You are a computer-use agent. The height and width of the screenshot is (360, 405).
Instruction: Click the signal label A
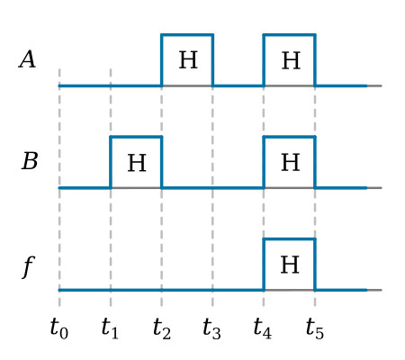click(28, 59)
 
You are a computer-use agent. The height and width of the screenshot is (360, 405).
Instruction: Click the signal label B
click(30, 161)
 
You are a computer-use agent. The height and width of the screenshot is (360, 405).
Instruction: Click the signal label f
click(29, 267)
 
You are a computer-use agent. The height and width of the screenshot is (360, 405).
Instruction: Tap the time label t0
click(59, 328)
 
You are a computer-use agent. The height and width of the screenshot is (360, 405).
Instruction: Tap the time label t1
click(110, 328)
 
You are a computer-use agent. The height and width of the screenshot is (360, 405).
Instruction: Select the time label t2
click(162, 328)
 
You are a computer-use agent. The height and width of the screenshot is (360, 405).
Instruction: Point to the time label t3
click(211, 328)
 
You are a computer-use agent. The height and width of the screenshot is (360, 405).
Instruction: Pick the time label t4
click(263, 328)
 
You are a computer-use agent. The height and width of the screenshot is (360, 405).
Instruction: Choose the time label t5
click(315, 328)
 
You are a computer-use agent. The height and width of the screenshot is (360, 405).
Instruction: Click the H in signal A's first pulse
click(188, 60)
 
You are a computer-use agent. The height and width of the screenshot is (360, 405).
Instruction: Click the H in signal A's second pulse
click(291, 60)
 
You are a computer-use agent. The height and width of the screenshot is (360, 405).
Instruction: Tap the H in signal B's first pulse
click(137, 163)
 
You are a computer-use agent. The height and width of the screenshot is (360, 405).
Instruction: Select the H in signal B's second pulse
click(291, 162)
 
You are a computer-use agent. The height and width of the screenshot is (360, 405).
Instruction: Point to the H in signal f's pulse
click(290, 265)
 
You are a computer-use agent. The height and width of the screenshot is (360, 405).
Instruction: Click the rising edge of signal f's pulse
click(264, 265)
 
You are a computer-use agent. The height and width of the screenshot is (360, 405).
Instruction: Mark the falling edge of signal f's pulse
click(315, 265)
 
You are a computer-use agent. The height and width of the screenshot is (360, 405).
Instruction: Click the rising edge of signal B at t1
click(111, 162)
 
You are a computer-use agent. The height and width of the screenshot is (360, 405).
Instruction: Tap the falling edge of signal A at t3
click(212, 60)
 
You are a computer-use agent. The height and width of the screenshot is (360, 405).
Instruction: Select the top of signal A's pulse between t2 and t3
click(187, 35)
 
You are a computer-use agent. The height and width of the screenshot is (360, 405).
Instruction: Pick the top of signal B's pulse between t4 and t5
click(290, 137)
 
